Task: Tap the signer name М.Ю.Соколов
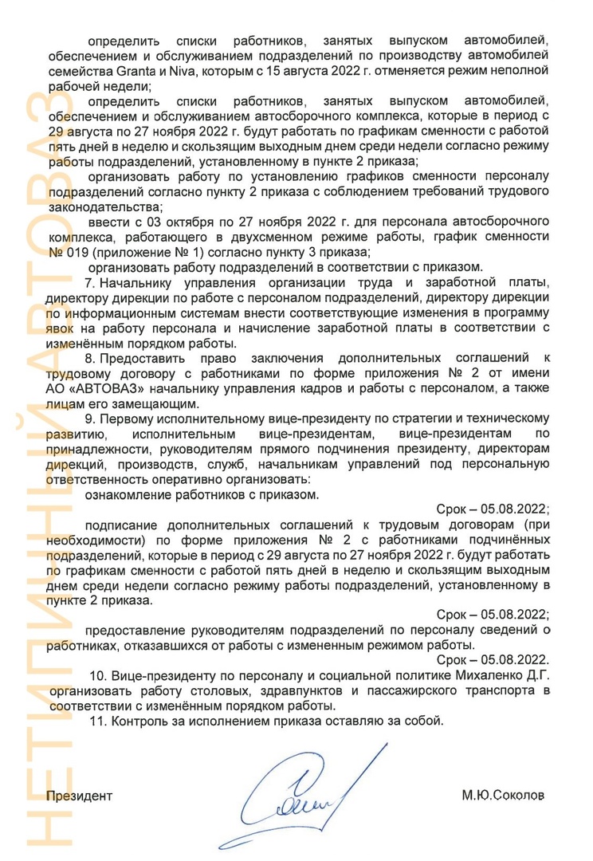coord(504,796)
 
